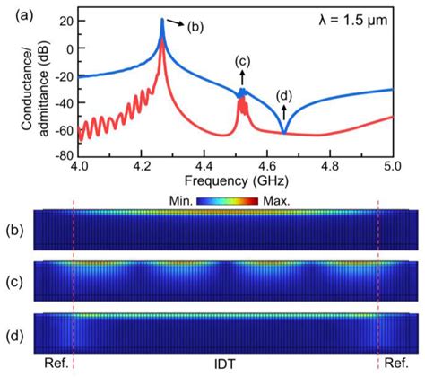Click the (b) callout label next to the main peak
196,27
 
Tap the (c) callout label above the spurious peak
242,61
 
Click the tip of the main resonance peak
161,20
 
